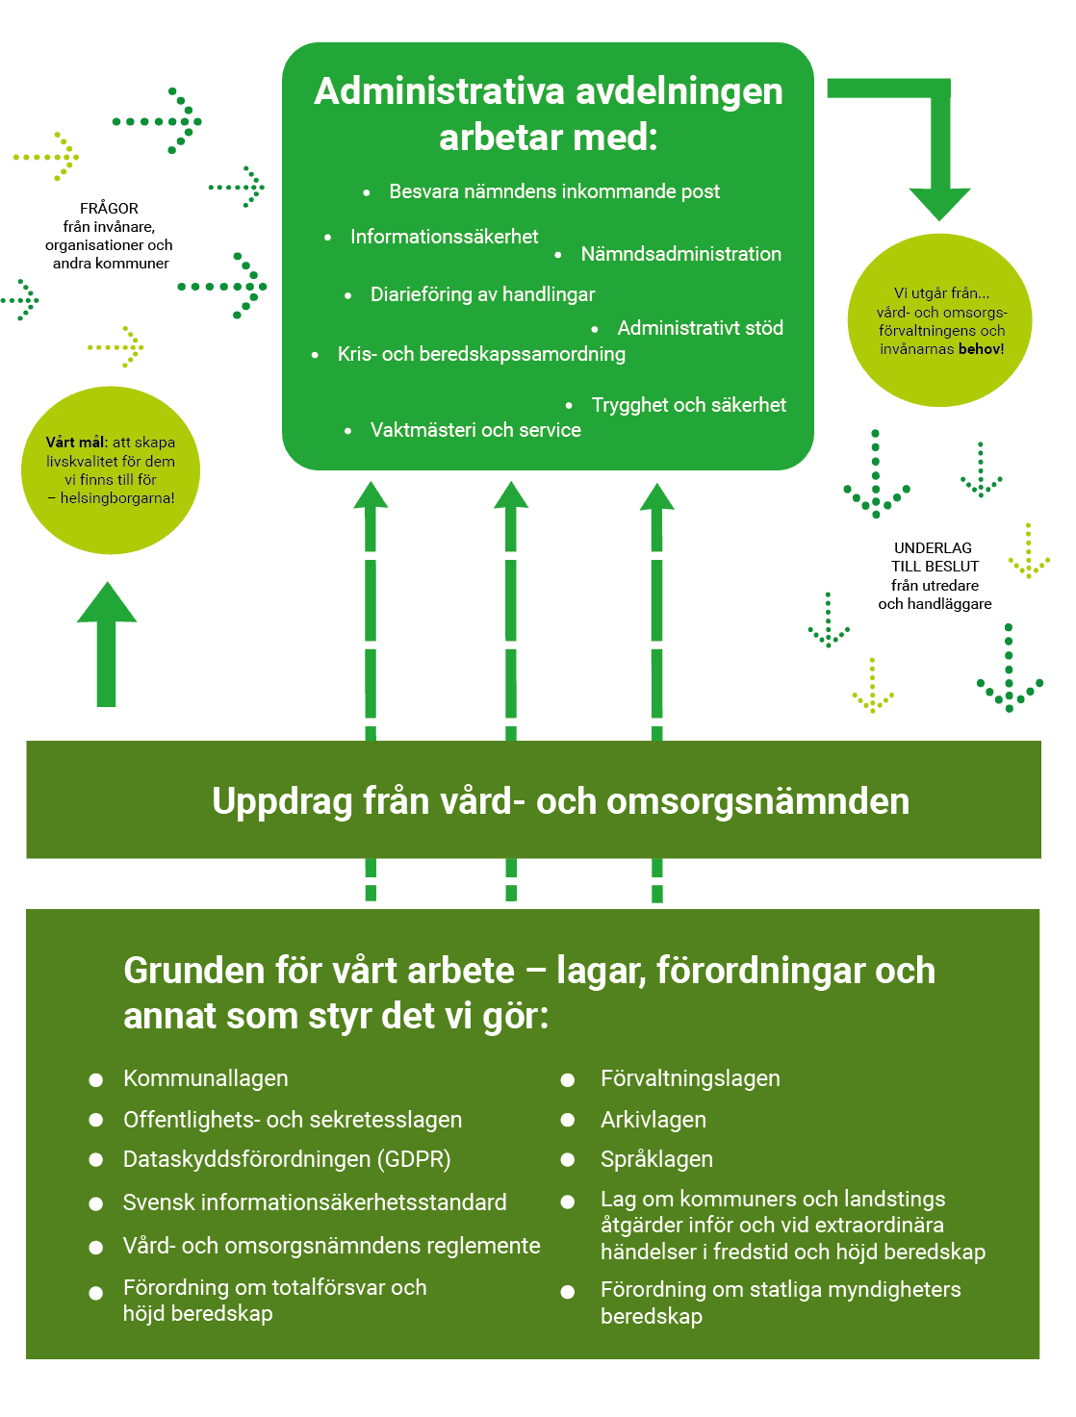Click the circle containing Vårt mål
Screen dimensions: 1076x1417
click(111, 470)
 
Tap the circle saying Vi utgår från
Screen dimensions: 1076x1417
click(938, 320)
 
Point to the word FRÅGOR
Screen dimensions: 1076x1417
click(109, 209)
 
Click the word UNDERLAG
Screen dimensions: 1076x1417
click(932, 548)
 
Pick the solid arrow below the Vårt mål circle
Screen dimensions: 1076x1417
click(107, 645)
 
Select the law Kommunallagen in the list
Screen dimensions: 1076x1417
click(205, 1078)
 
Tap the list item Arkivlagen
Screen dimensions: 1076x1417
click(653, 1120)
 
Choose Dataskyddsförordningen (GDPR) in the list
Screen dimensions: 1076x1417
click(287, 1159)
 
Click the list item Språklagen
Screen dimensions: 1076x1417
click(656, 1159)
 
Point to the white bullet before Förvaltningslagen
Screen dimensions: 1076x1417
click(567, 1080)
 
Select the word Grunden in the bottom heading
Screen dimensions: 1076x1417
click(192, 971)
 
